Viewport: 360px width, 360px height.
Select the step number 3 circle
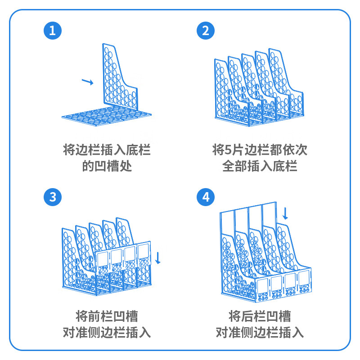click(x=52, y=197)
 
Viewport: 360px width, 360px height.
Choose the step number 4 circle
click(x=206, y=197)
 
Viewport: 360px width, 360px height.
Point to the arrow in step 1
click(x=87, y=81)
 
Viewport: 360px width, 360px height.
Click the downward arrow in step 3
click(x=157, y=258)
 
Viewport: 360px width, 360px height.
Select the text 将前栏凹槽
click(x=107, y=315)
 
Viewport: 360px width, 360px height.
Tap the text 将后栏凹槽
click(x=260, y=315)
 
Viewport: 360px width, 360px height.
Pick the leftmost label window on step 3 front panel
click(x=103, y=258)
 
